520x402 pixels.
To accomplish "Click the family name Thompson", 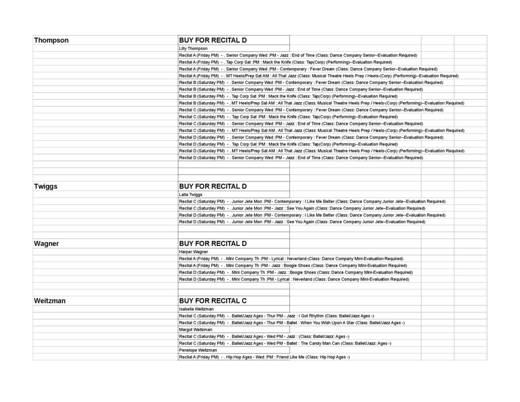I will [51, 40].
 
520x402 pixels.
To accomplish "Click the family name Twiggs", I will [46, 187].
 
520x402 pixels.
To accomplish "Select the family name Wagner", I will [47, 244].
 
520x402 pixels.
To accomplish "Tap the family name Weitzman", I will [50, 301].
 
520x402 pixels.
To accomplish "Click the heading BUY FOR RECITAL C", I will [213, 301].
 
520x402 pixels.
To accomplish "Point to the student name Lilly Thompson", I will [193, 48].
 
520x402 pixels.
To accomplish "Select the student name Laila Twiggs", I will [191, 195].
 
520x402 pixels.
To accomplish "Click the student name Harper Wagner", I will [193, 252].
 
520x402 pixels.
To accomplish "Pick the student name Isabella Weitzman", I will [196, 309].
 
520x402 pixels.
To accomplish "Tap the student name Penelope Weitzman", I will [198, 350].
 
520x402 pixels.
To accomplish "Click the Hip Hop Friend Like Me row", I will [264, 357].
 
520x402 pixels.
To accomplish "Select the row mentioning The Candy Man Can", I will [285, 344].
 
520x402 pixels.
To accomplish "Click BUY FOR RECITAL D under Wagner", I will [213, 244].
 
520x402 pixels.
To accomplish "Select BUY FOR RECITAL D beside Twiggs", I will [213, 187].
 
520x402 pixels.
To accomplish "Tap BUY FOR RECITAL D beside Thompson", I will [213, 40].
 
